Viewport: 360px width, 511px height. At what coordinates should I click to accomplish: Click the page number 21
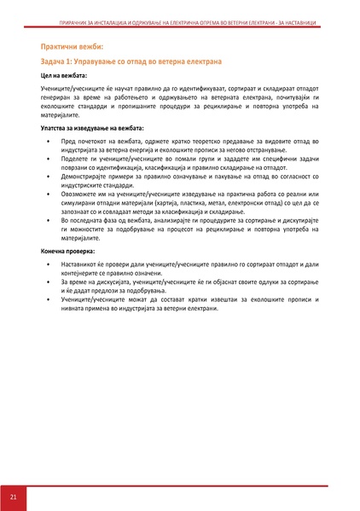pyautogui.click(x=14, y=496)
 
